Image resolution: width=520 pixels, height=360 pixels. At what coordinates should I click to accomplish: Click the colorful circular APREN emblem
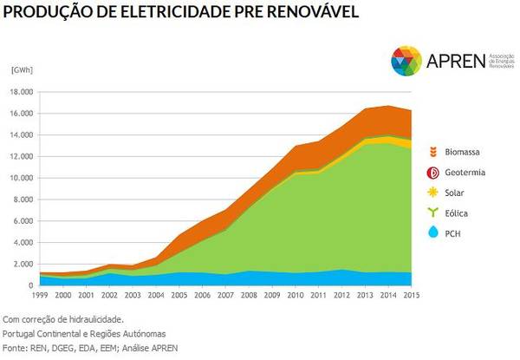406,62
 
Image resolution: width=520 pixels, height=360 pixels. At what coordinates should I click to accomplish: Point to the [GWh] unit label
21,69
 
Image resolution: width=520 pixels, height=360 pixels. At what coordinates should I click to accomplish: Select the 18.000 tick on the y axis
21,92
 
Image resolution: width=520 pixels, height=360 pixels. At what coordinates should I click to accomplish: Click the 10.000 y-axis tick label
21,178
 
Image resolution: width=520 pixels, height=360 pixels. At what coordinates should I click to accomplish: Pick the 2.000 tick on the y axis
23,264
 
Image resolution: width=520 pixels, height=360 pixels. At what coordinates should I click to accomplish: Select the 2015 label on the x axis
413,297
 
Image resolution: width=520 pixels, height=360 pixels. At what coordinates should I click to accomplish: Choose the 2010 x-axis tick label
296,297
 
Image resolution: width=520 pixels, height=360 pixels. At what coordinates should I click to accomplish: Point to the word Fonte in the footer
15,347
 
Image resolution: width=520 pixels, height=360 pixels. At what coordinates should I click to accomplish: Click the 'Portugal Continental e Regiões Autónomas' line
83,333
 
